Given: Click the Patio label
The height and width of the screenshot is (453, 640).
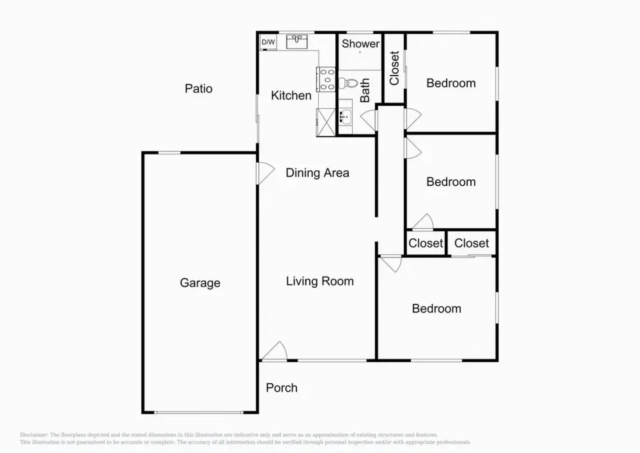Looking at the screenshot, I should pyautogui.click(x=199, y=89).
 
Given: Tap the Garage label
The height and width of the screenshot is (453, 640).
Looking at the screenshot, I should pyautogui.click(x=200, y=283).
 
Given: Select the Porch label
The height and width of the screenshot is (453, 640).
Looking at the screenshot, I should pyautogui.click(x=281, y=388).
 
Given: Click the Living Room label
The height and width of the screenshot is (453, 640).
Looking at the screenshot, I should pyautogui.click(x=320, y=281).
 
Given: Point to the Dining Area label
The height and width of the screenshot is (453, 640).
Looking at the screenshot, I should pyautogui.click(x=317, y=173).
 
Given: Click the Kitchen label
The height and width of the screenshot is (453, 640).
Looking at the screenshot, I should pyautogui.click(x=291, y=96).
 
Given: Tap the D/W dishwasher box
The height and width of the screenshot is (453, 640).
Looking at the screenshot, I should pyautogui.click(x=268, y=42).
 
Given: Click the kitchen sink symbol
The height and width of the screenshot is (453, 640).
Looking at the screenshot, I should pyautogui.click(x=297, y=42).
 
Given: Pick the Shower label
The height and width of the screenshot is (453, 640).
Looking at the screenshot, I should pyautogui.click(x=360, y=44).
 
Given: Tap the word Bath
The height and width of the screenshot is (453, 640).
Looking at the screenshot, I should pyautogui.click(x=365, y=90).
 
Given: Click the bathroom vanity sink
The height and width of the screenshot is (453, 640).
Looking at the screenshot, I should pyautogui.click(x=346, y=116).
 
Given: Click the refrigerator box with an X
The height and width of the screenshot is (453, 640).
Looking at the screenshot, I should pyautogui.click(x=326, y=122).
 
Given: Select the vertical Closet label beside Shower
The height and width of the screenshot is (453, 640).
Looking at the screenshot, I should pyautogui.click(x=394, y=68).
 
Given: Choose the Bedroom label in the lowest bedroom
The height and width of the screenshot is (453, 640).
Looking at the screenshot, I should pyautogui.click(x=436, y=309).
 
